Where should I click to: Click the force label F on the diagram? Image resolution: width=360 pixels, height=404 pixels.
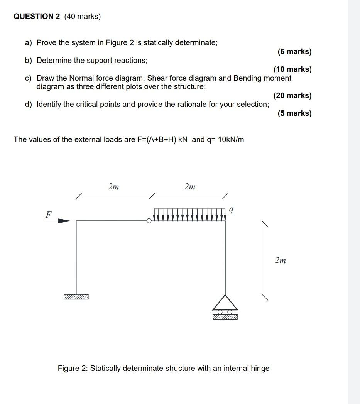coord(49,215)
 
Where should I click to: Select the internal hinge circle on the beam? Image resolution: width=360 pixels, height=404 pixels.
coord(149,221)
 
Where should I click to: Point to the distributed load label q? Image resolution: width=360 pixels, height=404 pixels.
coord(231,210)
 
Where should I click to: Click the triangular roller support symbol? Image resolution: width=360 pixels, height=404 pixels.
coord(225,302)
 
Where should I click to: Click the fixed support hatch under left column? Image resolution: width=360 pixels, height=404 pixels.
coord(76,297)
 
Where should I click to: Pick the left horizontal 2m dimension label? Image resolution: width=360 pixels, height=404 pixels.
coord(113,187)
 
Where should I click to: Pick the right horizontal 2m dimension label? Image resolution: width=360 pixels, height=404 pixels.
coord(189,187)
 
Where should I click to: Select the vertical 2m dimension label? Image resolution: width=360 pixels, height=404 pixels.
coord(281,260)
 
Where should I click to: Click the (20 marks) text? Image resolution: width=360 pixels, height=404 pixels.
coord(292,95)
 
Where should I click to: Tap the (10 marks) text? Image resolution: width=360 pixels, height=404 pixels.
coord(292,69)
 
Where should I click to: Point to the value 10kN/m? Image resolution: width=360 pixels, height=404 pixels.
coord(231,139)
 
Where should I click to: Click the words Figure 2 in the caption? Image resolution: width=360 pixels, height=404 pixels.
coord(73,368)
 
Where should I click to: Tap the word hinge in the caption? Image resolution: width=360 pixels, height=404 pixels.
coord(260,368)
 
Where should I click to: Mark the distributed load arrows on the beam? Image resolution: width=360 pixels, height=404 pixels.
coord(189,215)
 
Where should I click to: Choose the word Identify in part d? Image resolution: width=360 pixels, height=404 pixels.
coord(49,104)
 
